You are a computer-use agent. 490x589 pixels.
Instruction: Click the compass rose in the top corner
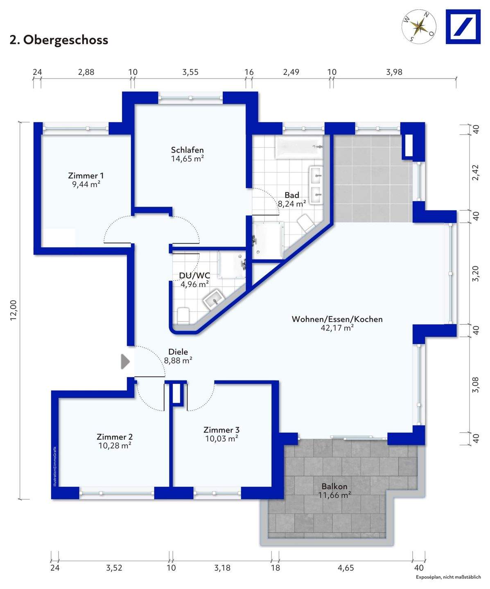[419, 27]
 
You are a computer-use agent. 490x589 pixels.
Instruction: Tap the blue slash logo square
[463, 27]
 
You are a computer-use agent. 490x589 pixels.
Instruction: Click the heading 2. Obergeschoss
[59, 40]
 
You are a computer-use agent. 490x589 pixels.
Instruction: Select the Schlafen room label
[187, 150]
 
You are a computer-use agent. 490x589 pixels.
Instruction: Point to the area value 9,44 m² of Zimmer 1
[86, 184]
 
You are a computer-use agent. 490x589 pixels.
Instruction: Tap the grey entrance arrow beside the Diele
[125, 361]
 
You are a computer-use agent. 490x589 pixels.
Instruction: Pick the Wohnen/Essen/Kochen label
[337, 319]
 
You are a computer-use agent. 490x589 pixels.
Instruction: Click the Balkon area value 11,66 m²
[334, 495]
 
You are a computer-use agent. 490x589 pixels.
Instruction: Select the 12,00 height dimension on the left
[14, 310]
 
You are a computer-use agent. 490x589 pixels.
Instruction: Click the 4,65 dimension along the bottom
[346, 568]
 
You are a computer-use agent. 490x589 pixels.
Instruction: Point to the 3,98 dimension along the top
[394, 72]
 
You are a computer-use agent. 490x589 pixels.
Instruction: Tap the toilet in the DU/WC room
[183, 315]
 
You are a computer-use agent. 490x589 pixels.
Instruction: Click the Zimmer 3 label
[221, 430]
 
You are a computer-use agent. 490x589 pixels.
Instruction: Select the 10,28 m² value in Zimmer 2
[115, 445]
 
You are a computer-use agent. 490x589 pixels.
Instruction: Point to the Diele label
[178, 352]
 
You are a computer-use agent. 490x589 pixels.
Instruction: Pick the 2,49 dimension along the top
[291, 72]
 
